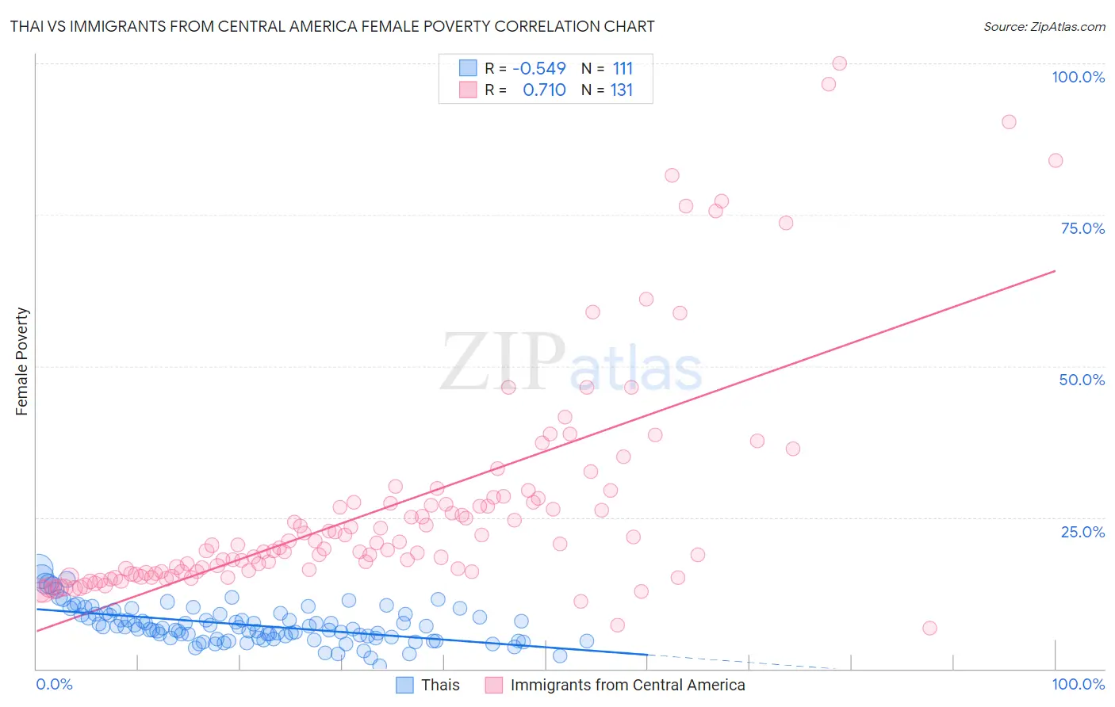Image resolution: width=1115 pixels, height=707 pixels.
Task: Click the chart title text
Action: [332, 26]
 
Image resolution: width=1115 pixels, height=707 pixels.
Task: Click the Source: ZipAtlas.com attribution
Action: [1044, 26]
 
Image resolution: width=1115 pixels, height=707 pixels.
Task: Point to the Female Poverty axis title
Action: [22, 361]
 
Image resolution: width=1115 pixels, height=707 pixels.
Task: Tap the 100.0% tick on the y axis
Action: [1078, 77]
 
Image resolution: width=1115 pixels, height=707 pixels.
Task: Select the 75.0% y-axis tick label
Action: [1082, 228]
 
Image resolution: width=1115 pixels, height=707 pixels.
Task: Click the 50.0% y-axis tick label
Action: [1082, 380]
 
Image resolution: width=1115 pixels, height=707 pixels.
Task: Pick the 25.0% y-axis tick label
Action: [1082, 532]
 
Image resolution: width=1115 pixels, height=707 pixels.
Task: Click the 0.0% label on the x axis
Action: [54, 684]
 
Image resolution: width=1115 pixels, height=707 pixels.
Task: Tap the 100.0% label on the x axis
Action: [1078, 684]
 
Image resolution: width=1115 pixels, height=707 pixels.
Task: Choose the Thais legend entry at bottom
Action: [440, 685]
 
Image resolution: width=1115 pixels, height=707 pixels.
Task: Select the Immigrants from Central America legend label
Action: [627, 685]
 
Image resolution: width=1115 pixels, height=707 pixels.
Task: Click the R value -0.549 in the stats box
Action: [539, 68]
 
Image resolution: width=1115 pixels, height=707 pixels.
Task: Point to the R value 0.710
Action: [544, 90]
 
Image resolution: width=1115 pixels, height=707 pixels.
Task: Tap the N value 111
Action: [623, 68]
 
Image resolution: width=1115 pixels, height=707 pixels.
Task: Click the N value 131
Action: [622, 90]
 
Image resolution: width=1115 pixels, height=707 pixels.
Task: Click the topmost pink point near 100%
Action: [839, 63]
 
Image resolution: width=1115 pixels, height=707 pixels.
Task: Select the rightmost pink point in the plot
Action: [1056, 161]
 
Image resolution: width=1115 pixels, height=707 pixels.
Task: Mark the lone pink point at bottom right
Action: [929, 629]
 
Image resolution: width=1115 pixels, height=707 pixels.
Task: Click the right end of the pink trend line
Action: [1055, 271]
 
